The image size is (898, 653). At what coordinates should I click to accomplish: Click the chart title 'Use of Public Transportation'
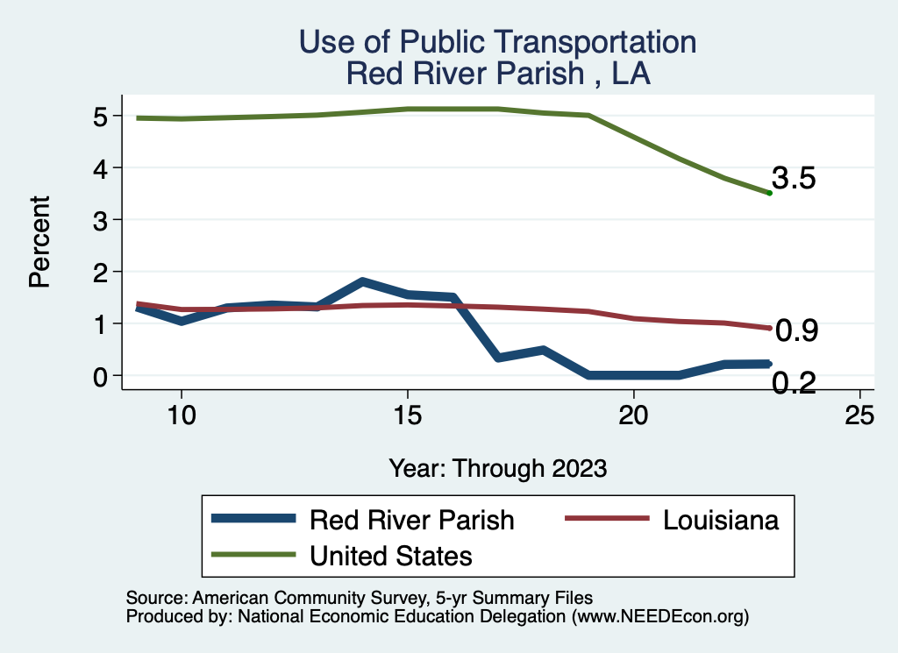tap(497, 41)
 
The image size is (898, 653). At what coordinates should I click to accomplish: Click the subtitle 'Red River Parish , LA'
tap(497, 73)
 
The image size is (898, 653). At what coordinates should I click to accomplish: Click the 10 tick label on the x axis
tap(181, 415)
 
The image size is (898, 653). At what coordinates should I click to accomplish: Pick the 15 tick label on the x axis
tap(407, 415)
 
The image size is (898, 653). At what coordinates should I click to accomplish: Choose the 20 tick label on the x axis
tap(633, 415)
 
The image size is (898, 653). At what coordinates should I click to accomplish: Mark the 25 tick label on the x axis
tap(859, 415)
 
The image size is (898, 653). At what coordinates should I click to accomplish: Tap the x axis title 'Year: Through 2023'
tap(497, 468)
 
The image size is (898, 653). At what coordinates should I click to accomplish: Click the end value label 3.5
tap(795, 179)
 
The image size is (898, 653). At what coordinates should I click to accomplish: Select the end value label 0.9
tap(797, 330)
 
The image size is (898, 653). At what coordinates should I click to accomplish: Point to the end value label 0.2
tap(795, 383)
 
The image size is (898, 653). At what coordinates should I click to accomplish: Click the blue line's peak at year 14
tap(362, 281)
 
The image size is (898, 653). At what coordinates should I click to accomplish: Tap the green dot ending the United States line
tap(769, 193)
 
